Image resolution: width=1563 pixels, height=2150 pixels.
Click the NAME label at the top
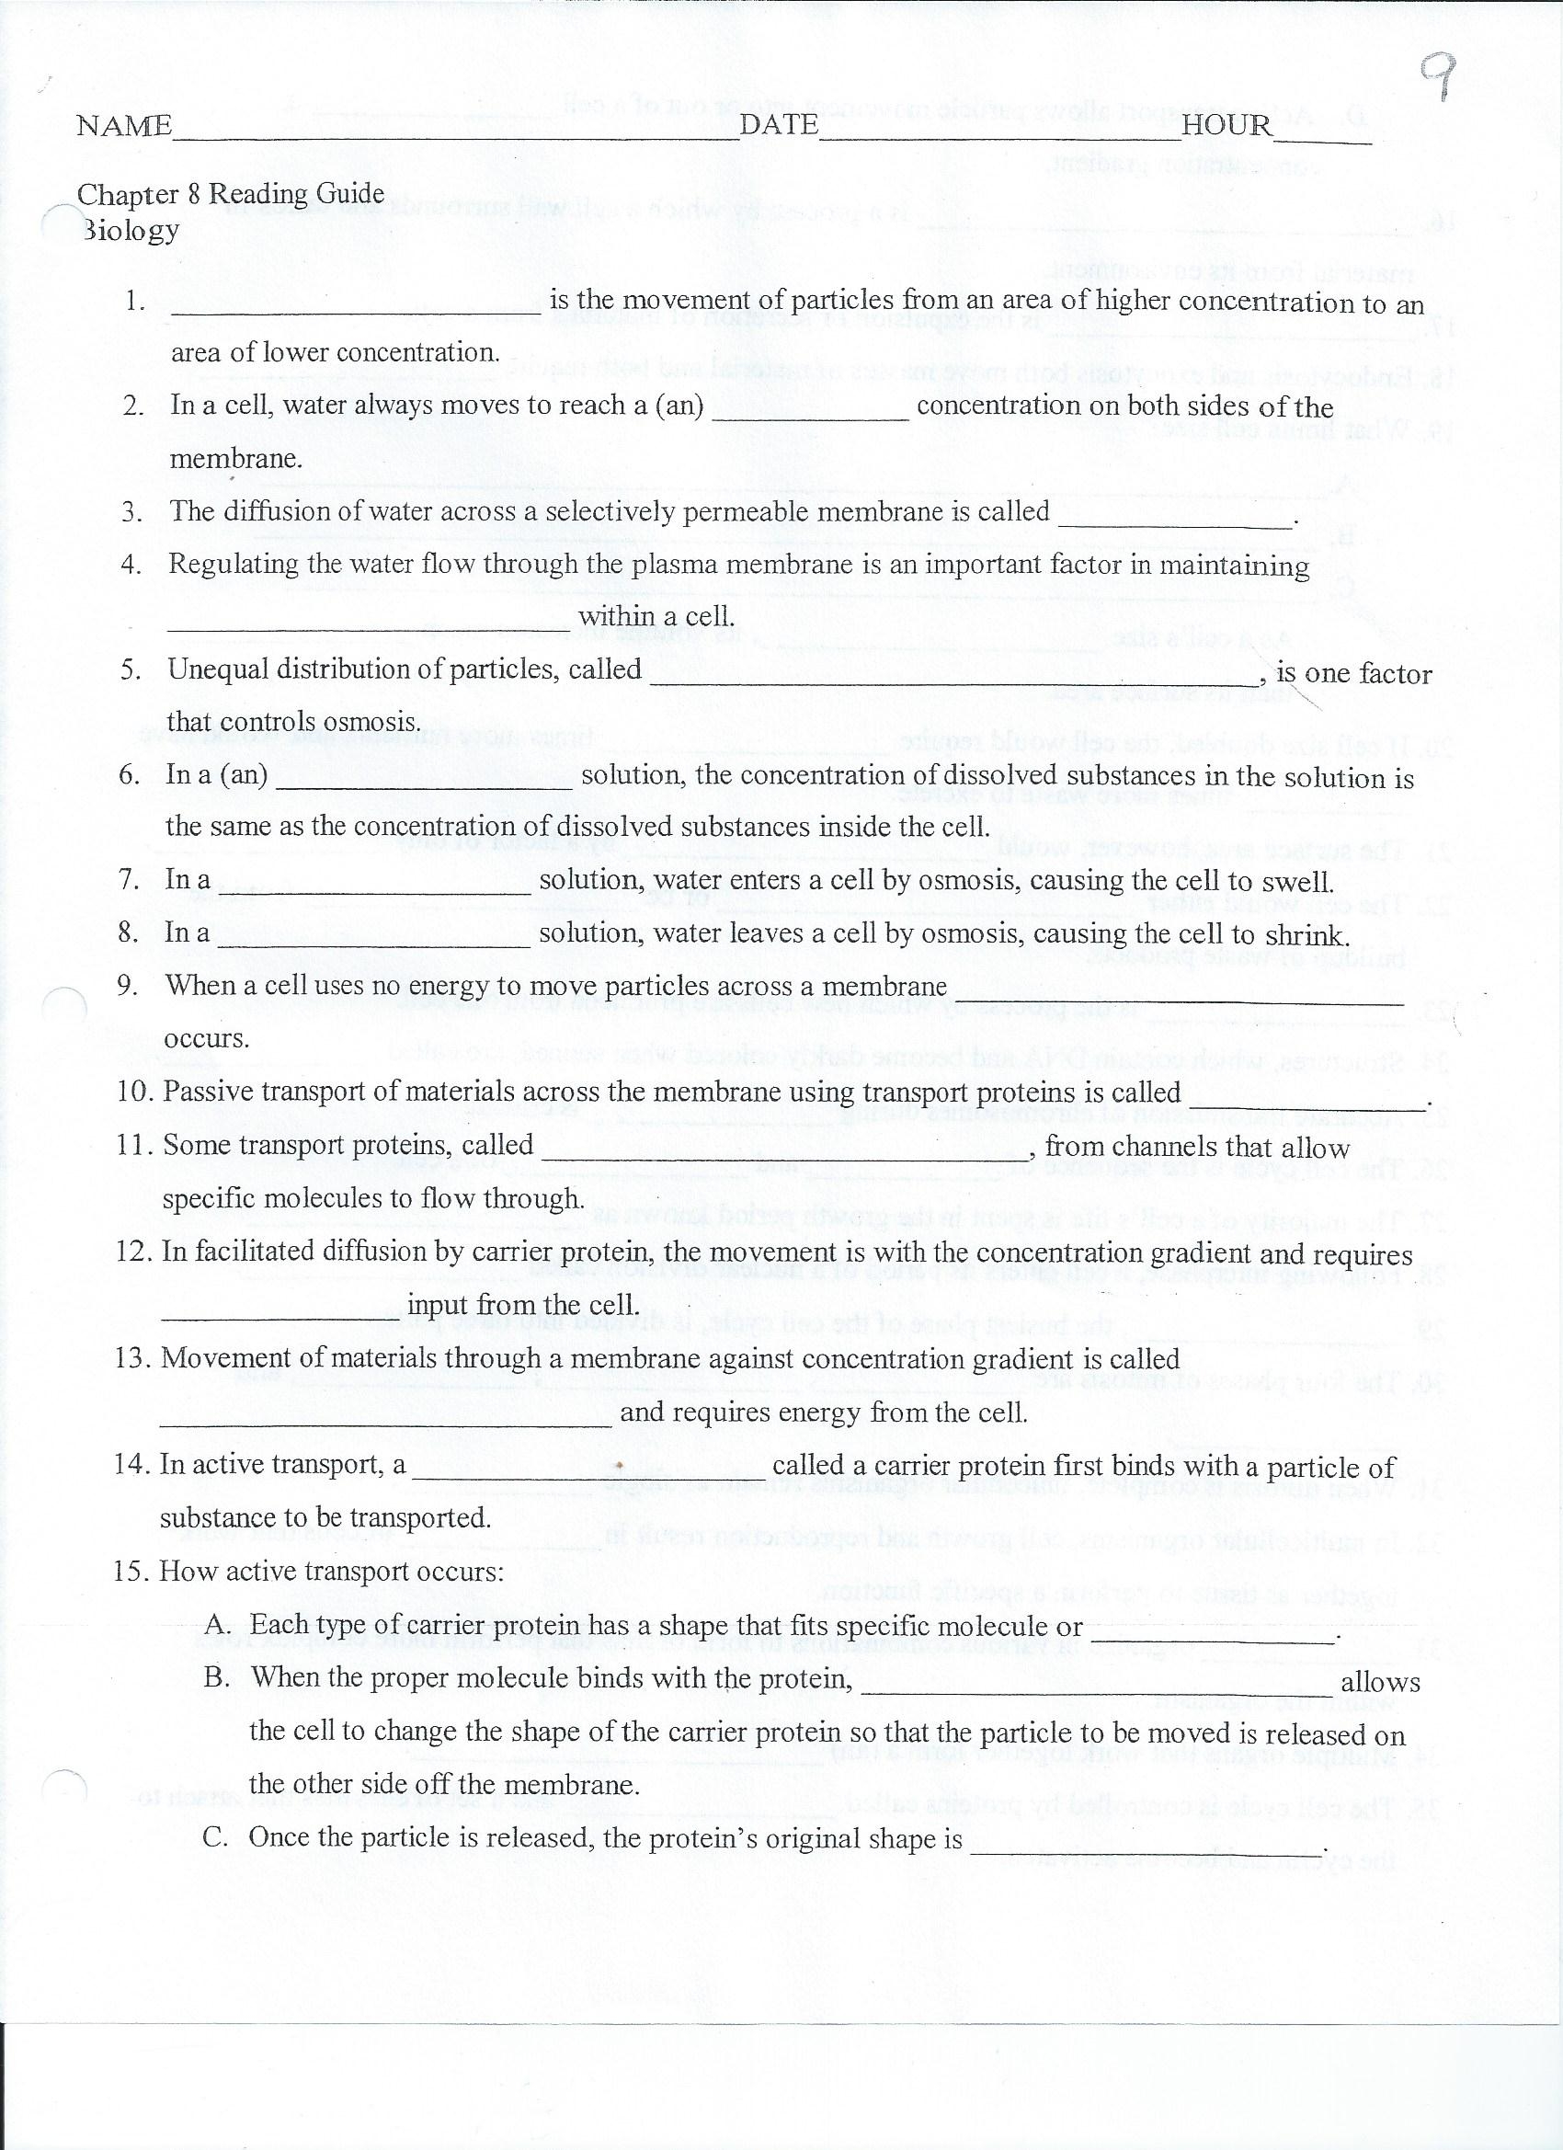pos(124,126)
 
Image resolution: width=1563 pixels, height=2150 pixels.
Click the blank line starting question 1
pos(356,313)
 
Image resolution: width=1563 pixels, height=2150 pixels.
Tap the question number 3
pos(131,512)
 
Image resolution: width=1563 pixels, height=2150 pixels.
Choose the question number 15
pos(131,1571)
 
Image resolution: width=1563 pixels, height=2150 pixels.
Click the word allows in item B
pos(1380,1682)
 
